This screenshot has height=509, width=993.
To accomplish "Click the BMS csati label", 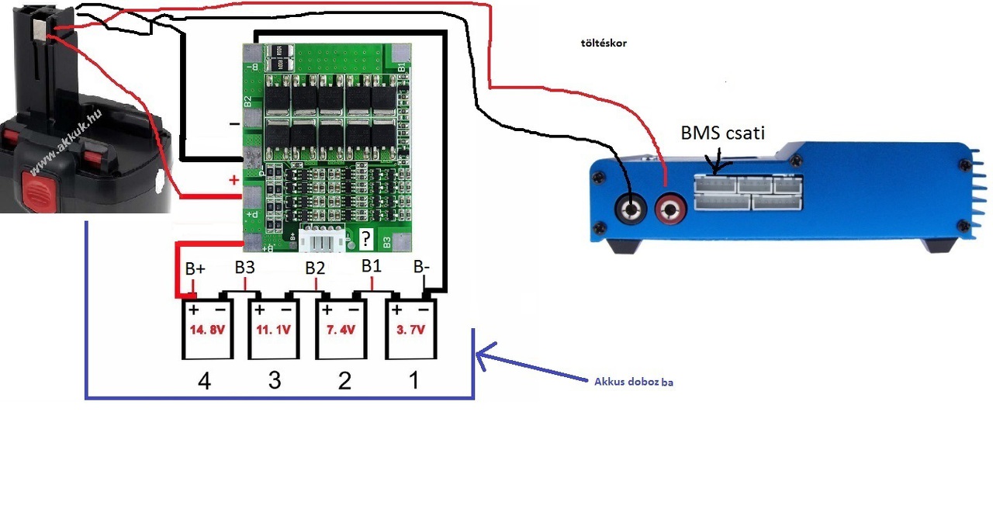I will pyautogui.click(x=722, y=133).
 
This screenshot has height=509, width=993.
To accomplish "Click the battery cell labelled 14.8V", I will pyautogui.click(x=207, y=330).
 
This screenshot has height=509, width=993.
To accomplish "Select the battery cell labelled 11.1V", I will pyautogui.click(x=273, y=330).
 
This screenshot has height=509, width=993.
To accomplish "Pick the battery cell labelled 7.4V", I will pyautogui.click(x=341, y=330).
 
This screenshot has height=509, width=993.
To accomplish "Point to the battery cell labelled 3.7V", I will pyautogui.click(x=411, y=330).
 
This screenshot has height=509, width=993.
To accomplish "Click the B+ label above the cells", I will pyautogui.click(x=195, y=269).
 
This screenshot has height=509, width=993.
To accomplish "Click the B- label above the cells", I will pyautogui.click(x=423, y=267).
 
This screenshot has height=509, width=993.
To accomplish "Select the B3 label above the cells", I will pyautogui.click(x=245, y=268).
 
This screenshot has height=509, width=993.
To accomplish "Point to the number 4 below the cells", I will pyautogui.click(x=205, y=381).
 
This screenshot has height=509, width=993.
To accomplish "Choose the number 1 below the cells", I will pyautogui.click(x=413, y=380).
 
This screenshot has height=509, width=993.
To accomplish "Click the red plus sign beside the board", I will pyautogui.click(x=234, y=181).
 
